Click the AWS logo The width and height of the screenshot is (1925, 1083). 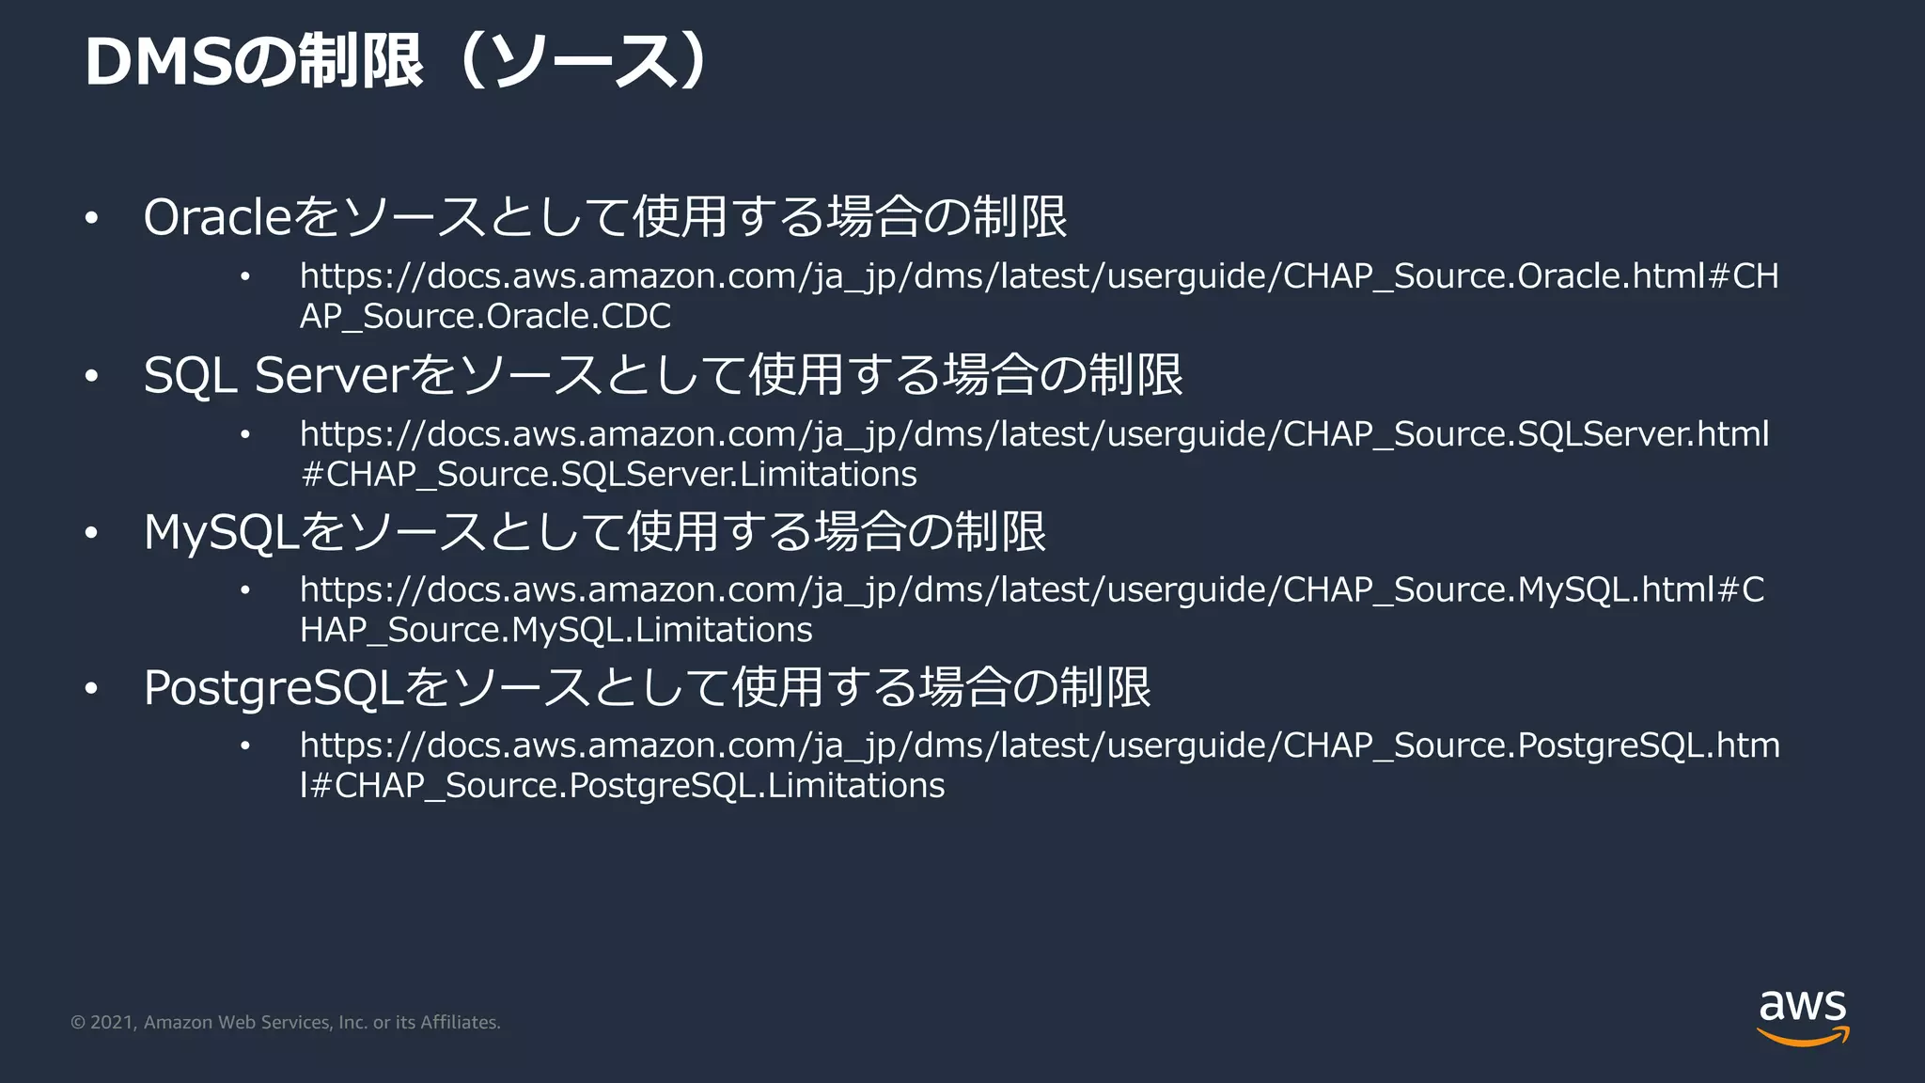1803,1017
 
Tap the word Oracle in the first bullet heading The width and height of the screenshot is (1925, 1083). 218,217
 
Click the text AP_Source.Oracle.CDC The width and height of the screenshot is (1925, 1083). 485,317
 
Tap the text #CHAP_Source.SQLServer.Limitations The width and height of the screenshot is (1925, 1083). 608,474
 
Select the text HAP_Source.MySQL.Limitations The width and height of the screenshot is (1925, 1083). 556,630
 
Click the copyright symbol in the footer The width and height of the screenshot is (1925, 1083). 78,1023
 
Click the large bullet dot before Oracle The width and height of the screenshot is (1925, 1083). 91,219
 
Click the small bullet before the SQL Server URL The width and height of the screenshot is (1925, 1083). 245,434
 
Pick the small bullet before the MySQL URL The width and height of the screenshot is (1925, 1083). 245,590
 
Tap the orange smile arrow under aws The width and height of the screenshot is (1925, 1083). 1803,1038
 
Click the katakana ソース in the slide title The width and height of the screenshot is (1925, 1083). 583,63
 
